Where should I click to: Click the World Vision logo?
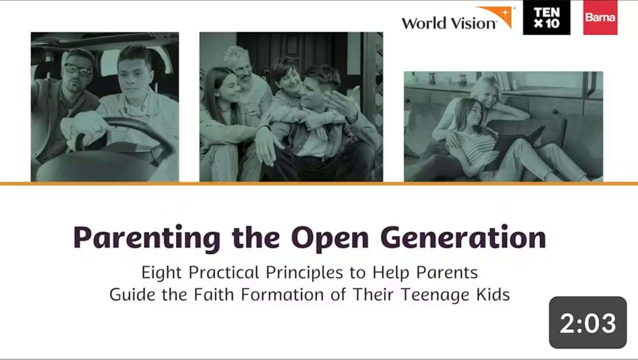458,19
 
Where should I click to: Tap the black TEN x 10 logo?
546,18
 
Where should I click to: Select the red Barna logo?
600,18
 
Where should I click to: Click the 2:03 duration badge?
588,322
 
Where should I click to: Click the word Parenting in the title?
147,238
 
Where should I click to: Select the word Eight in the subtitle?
161,273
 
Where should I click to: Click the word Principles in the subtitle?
304,273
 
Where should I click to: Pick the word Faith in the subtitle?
214,294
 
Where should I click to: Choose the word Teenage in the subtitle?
435,295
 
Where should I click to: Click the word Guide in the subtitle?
132,294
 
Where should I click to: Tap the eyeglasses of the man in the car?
79,70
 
